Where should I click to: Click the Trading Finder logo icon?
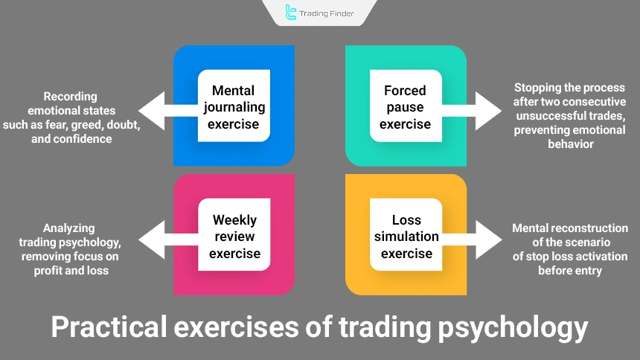(291, 12)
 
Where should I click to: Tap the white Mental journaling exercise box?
(234, 106)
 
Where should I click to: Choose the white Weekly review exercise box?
(234, 237)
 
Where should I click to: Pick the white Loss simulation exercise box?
(406, 237)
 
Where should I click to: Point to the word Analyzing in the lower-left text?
(69, 228)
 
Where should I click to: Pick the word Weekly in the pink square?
(234, 220)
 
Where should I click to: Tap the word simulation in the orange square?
(406, 237)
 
